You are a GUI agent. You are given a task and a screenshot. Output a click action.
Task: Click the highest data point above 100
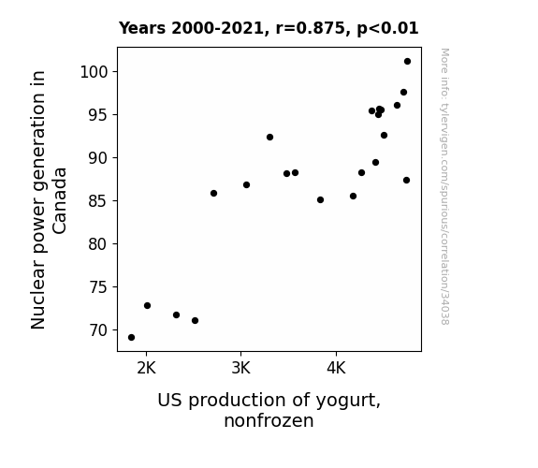coord(407,62)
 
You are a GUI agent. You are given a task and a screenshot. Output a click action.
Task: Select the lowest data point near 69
coord(131,338)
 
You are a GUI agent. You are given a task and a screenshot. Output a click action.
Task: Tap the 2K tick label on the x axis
coord(147,369)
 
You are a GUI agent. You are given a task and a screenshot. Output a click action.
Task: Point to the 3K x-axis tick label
coord(240,369)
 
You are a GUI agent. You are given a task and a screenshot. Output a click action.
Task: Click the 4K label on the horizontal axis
coord(336,369)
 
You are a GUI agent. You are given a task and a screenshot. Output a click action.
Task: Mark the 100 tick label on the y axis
coord(94,72)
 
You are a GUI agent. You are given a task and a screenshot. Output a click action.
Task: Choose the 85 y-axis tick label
coord(98,201)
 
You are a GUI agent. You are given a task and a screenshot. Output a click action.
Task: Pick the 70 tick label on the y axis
coord(98,330)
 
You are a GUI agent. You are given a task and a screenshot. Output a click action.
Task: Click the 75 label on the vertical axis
coord(98,287)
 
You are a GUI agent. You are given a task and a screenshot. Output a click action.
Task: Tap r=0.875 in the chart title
coord(311,28)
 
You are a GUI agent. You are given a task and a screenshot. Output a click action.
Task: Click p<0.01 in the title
coord(387,28)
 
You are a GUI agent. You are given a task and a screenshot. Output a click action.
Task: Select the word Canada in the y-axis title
coord(60,201)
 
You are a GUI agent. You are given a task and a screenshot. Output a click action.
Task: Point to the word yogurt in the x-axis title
coord(348,401)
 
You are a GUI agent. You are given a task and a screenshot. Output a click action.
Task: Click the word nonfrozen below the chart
coord(269,421)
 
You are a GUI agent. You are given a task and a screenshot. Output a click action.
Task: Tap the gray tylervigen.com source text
coord(444,186)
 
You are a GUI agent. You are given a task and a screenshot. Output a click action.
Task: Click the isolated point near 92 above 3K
coord(270,138)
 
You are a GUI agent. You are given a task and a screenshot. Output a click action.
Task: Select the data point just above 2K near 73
coord(148,305)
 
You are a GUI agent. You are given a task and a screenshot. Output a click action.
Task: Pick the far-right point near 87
coord(407,181)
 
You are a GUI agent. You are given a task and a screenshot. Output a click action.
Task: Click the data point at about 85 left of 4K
coord(321,199)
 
